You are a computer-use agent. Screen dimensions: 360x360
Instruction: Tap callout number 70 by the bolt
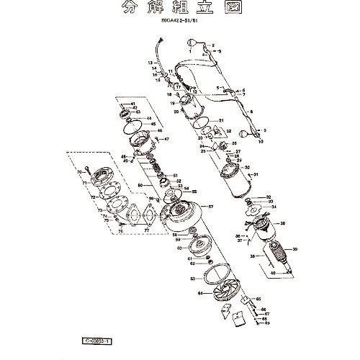pyautogui.click(x=79, y=173)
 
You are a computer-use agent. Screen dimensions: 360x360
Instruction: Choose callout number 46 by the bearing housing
pyautogui.click(x=160, y=130)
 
